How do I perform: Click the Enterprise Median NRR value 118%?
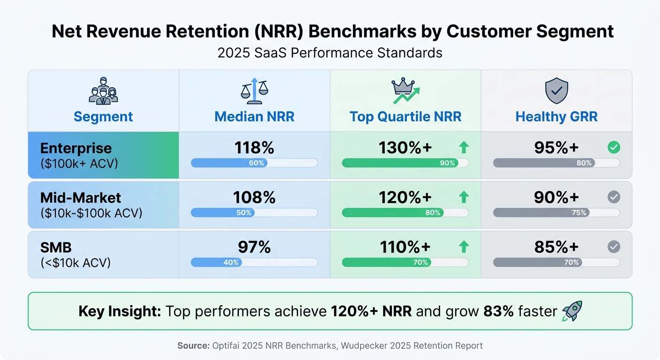[254, 148]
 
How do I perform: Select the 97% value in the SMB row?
[254, 247]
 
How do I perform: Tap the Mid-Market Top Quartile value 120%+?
[405, 197]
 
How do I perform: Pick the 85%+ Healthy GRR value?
[556, 247]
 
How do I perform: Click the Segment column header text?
[103, 117]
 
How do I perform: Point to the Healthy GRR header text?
[556, 117]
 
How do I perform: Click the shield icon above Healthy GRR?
[556, 91]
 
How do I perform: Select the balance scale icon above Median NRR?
[254, 91]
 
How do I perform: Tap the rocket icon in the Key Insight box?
[572, 311]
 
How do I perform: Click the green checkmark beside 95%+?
[614, 148]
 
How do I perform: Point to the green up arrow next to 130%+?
[464, 148]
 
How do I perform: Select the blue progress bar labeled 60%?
[229, 163]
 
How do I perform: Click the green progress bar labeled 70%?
[387, 262]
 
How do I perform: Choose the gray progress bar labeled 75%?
[541, 213]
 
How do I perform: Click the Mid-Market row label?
[81, 197]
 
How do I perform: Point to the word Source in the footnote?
[193, 346]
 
